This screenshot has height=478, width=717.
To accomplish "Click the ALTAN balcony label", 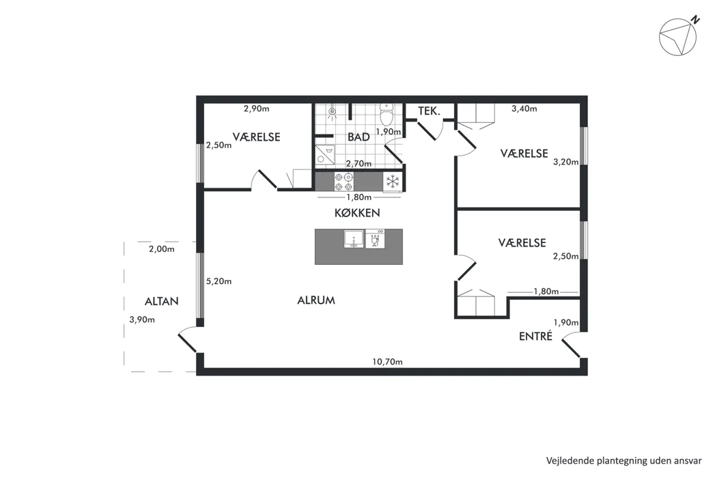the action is (161, 301).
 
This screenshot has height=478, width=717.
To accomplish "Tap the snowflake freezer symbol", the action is (393, 182).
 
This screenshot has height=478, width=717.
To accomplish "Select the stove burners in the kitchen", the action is (343, 182).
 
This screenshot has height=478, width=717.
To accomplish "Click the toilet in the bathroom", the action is (387, 114).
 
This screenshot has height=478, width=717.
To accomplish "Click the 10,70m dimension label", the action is (387, 362).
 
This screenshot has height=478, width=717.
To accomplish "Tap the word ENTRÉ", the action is (535, 336).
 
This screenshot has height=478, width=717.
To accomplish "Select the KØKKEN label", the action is (357, 212).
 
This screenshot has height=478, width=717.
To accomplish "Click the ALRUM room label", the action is (316, 300).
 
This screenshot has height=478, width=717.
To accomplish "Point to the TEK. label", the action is (429, 111).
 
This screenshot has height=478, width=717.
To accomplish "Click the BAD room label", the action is (358, 137).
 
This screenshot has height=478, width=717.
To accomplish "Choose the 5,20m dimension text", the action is (219, 281).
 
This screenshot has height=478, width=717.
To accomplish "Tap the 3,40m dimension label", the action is (524, 109).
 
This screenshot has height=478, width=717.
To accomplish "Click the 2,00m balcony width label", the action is (161, 249).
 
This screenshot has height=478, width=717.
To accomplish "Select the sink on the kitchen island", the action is (354, 239).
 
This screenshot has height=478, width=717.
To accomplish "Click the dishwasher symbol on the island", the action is (375, 239).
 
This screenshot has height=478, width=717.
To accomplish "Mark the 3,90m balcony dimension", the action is (142, 320).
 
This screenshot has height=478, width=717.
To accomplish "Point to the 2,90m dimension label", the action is (256, 109).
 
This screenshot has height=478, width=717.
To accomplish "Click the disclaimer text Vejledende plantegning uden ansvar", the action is (623, 461).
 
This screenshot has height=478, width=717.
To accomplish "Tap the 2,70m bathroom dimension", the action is (358, 163).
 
